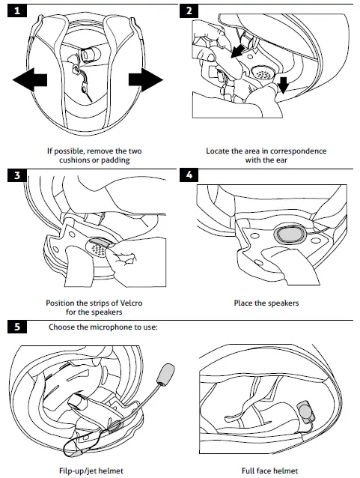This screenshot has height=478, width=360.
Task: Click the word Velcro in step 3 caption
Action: point(123,304)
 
